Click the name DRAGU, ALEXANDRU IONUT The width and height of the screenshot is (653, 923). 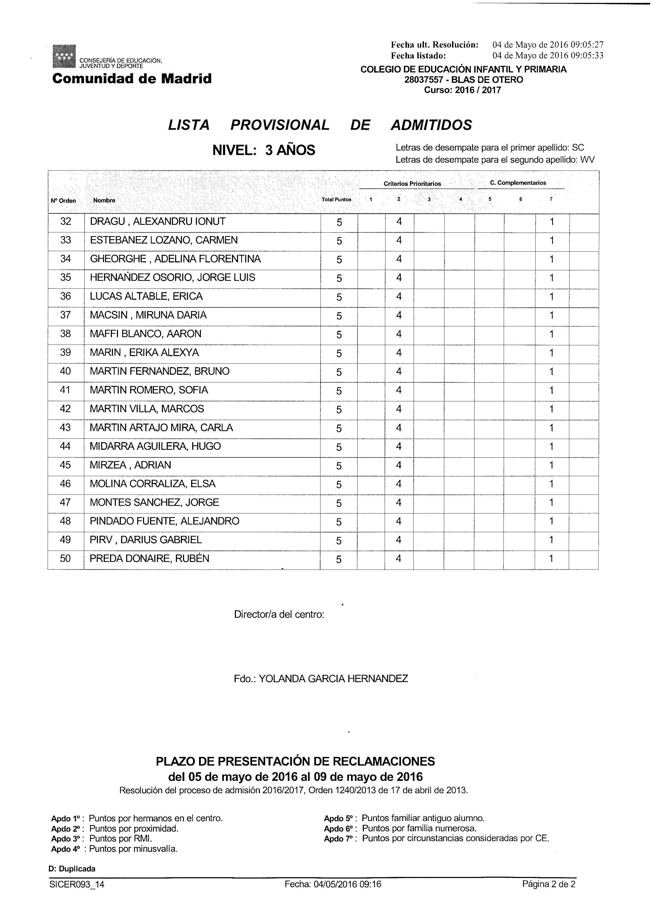pyautogui.click(x=158, y=222)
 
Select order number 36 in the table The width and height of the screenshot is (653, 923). pyautogui.click(x=66, y=297)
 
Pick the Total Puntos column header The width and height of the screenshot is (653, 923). pyautogui.click(x=336, y=199)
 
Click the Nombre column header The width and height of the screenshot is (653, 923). pyautogui.click(x=104, y=200)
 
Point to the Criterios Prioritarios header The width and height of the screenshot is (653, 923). pyautogui.click(x=412, y=184)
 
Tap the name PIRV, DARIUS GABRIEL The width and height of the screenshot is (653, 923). pyautogui.click(x=146, y=540)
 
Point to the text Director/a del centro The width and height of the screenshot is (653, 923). pyautogui.click(x=279, y=614)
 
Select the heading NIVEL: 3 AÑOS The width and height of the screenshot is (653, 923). pyautogui.click(x=264, y=150)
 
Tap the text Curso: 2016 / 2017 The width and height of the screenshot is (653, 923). pyautogui.click(x=463, y=90)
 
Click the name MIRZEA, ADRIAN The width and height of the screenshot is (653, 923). pyautogui.click(x=130, y=465)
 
